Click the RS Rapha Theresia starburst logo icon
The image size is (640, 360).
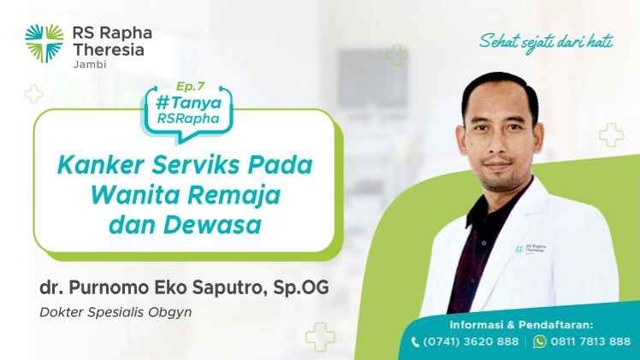pos(44,44)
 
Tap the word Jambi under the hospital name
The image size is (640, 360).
pos(90,64)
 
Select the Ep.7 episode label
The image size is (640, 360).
pos(190,86)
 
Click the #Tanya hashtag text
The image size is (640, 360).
pos(188,103)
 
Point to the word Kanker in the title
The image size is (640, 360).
pos(101,165)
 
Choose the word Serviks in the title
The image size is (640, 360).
pos(196,165)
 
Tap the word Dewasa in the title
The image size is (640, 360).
pos(212,225)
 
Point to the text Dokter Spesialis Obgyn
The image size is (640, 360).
pos(116,312)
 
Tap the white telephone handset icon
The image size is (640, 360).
pos(415,342)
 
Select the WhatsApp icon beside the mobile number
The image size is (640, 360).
pos(540,342)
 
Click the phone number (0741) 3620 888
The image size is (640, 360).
pos(471,341)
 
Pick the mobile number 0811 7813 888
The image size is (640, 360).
pos(590,341)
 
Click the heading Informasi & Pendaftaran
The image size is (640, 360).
pos(521,325)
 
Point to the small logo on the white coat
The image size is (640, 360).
pos(530,249)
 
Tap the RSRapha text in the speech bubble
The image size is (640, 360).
pos(188,119)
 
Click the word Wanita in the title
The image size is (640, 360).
pos(134,195)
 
